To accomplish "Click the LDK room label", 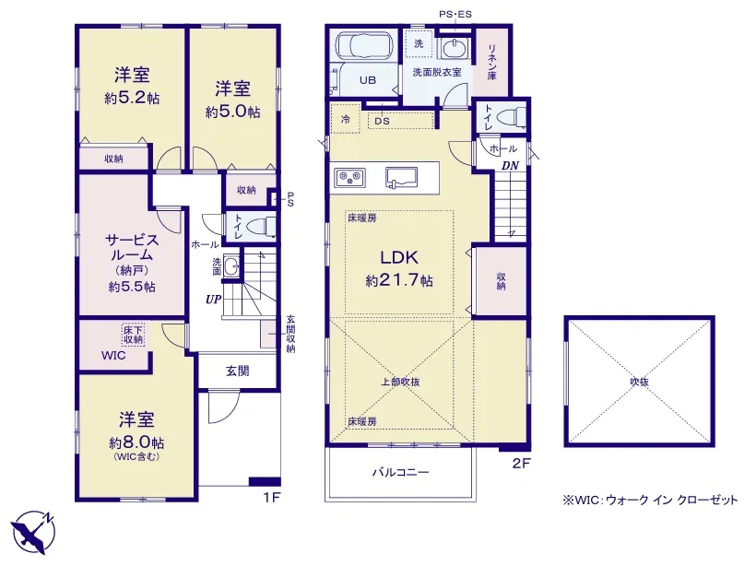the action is (399, 257).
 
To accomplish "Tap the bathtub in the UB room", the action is (363, 46).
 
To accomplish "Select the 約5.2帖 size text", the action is (132, 99).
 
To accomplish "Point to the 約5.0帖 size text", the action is (233, 112).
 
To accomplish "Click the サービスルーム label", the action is (132, 247).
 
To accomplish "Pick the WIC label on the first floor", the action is (113, 356).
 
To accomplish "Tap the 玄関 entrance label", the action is (238, 371).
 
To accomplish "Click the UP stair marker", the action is (213, 300).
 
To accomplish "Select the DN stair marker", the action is (510, 166).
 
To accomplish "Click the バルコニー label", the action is (400, 472).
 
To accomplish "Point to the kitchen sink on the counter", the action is (401, 177).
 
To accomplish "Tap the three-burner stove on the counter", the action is (349, 177).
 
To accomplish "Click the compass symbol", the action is (33, 532).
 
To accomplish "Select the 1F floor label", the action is (272, 497).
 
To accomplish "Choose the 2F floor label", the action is (521, 464).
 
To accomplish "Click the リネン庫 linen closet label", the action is (491, 62).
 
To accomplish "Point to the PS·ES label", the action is (455, 15).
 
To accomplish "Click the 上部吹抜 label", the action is (400, 382).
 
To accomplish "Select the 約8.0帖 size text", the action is (136, 442).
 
